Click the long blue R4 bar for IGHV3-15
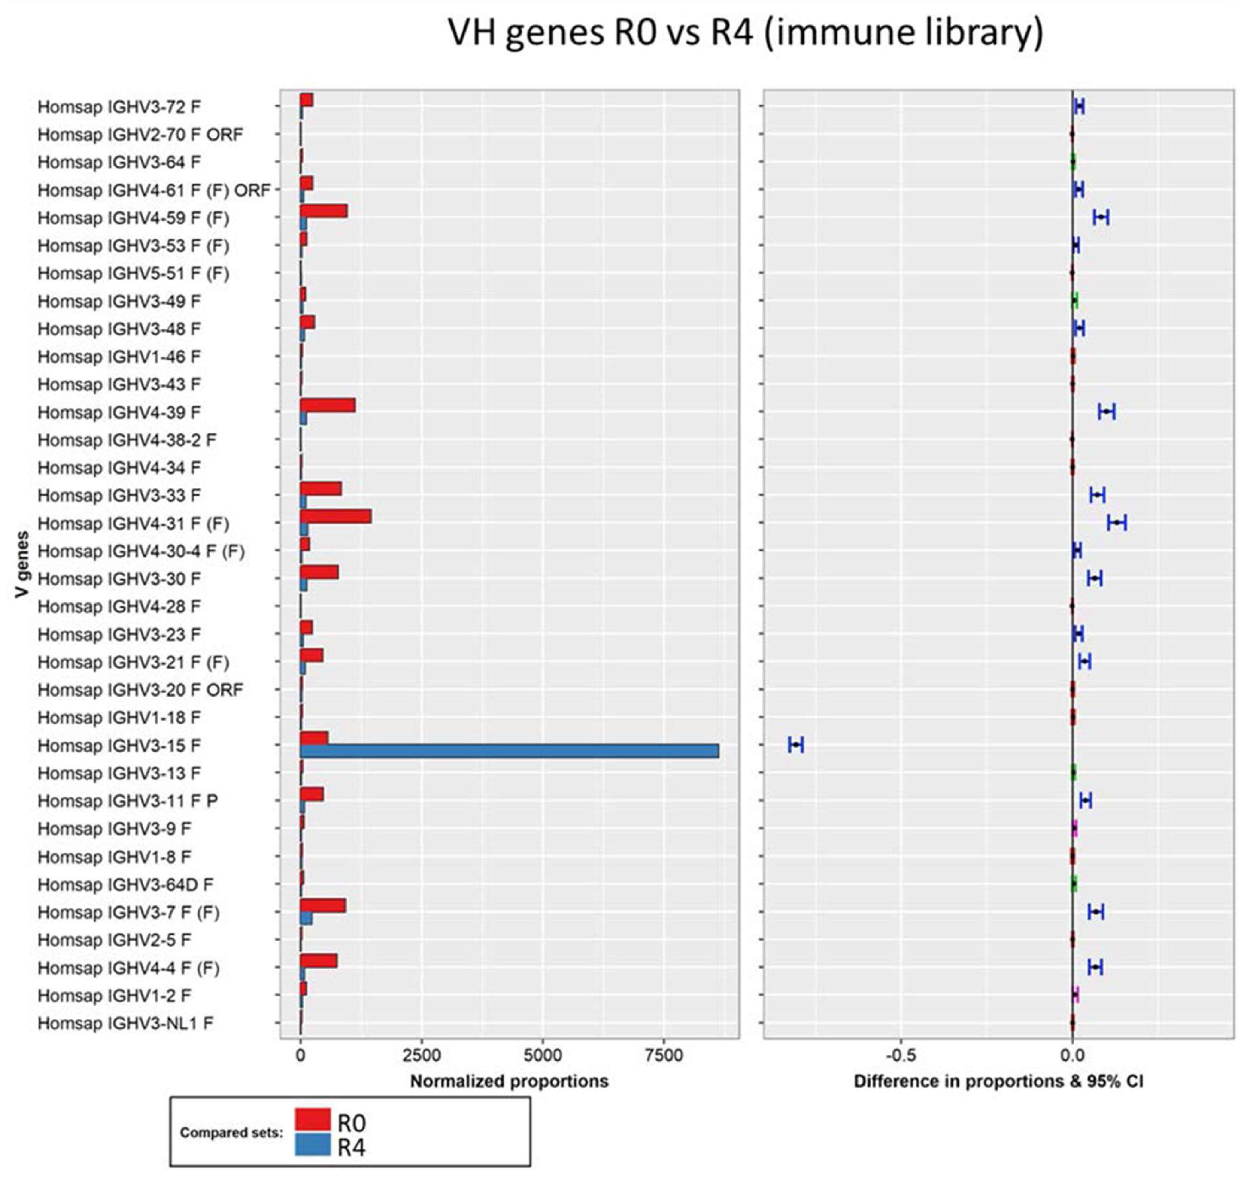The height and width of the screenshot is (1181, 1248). coord(510,751)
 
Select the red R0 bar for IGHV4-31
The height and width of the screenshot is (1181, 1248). coord(336,517)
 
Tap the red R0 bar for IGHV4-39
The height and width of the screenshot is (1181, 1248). coord(327,406)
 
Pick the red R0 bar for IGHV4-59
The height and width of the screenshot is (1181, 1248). coord(324,211)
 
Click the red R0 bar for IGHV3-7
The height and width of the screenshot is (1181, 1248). coord(323,905)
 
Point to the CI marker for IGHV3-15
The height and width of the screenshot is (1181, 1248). coord(796,745)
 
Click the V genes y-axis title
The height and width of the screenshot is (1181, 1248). coord(23,565)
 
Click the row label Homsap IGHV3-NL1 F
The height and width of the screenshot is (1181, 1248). coord(125,1023)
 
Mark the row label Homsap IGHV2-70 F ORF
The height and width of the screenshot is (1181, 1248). coord(140,135)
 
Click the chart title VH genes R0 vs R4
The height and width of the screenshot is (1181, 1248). coord(745,33)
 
